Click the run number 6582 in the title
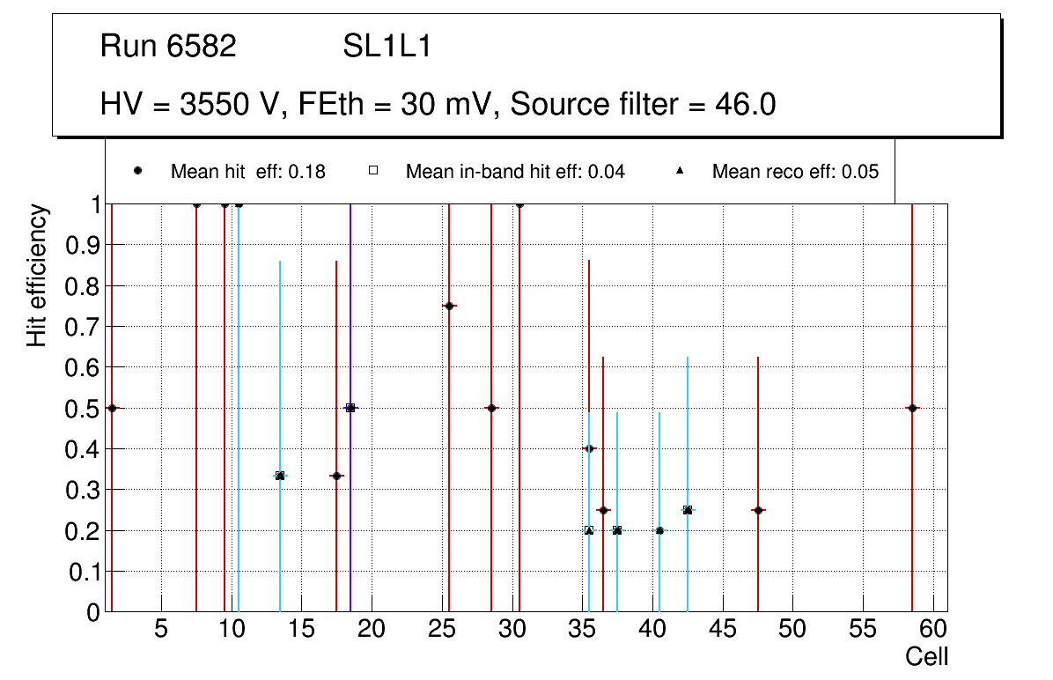pos(202,47)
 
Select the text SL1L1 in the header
pos(387,47)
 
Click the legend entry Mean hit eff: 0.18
pos(247,172)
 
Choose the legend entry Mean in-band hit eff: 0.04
pos(515,172)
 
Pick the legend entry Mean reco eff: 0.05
pos(795,172)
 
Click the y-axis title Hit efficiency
pos(37,276)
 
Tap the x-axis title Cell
pos(927,656)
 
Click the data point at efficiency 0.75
pos(449,306)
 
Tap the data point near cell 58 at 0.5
pos(912,408)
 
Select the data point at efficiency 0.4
pos(589,448)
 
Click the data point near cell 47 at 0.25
pos(758,510)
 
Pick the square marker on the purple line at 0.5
pos(350,408)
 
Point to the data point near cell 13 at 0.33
pos(280,476)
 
